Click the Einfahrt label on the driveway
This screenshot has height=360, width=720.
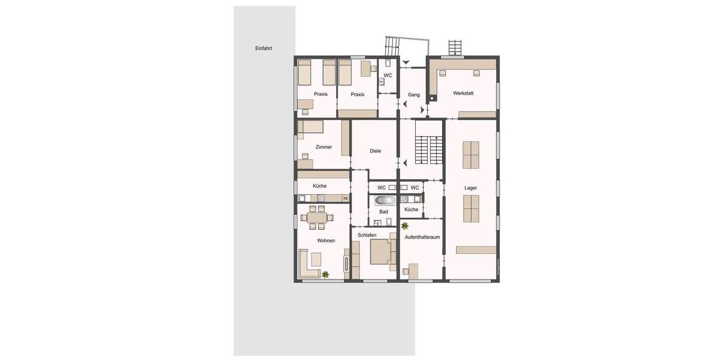click(x=263, y=49)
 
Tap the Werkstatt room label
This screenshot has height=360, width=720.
click(x=463, y=94)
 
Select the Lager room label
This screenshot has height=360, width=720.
click(x=471, y=188)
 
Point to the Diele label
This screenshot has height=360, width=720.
click(x=376, y=151)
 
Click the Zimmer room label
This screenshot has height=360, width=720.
click(x=323, y=147)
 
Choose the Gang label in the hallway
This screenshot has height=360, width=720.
click(x=413, y=95)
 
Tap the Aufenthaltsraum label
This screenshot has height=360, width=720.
click(x=422, y=237)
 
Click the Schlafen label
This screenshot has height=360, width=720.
click(x=367, y=235)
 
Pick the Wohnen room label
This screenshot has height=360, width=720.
click(x=326, y=241)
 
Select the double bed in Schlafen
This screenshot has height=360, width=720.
click(x=382, y=252)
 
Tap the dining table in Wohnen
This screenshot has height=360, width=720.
click(x=317, y=217)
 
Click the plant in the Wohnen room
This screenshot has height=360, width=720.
click(x=326, y=275)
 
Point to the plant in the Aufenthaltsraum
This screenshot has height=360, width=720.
click(x=405, y=226)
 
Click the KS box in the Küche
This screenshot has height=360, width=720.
click(x=345, y=198)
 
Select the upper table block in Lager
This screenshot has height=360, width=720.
click(x=471, y=155)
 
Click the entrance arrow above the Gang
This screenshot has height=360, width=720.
click(x=407, y=62)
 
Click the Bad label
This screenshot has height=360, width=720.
click(x=384, y=212)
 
